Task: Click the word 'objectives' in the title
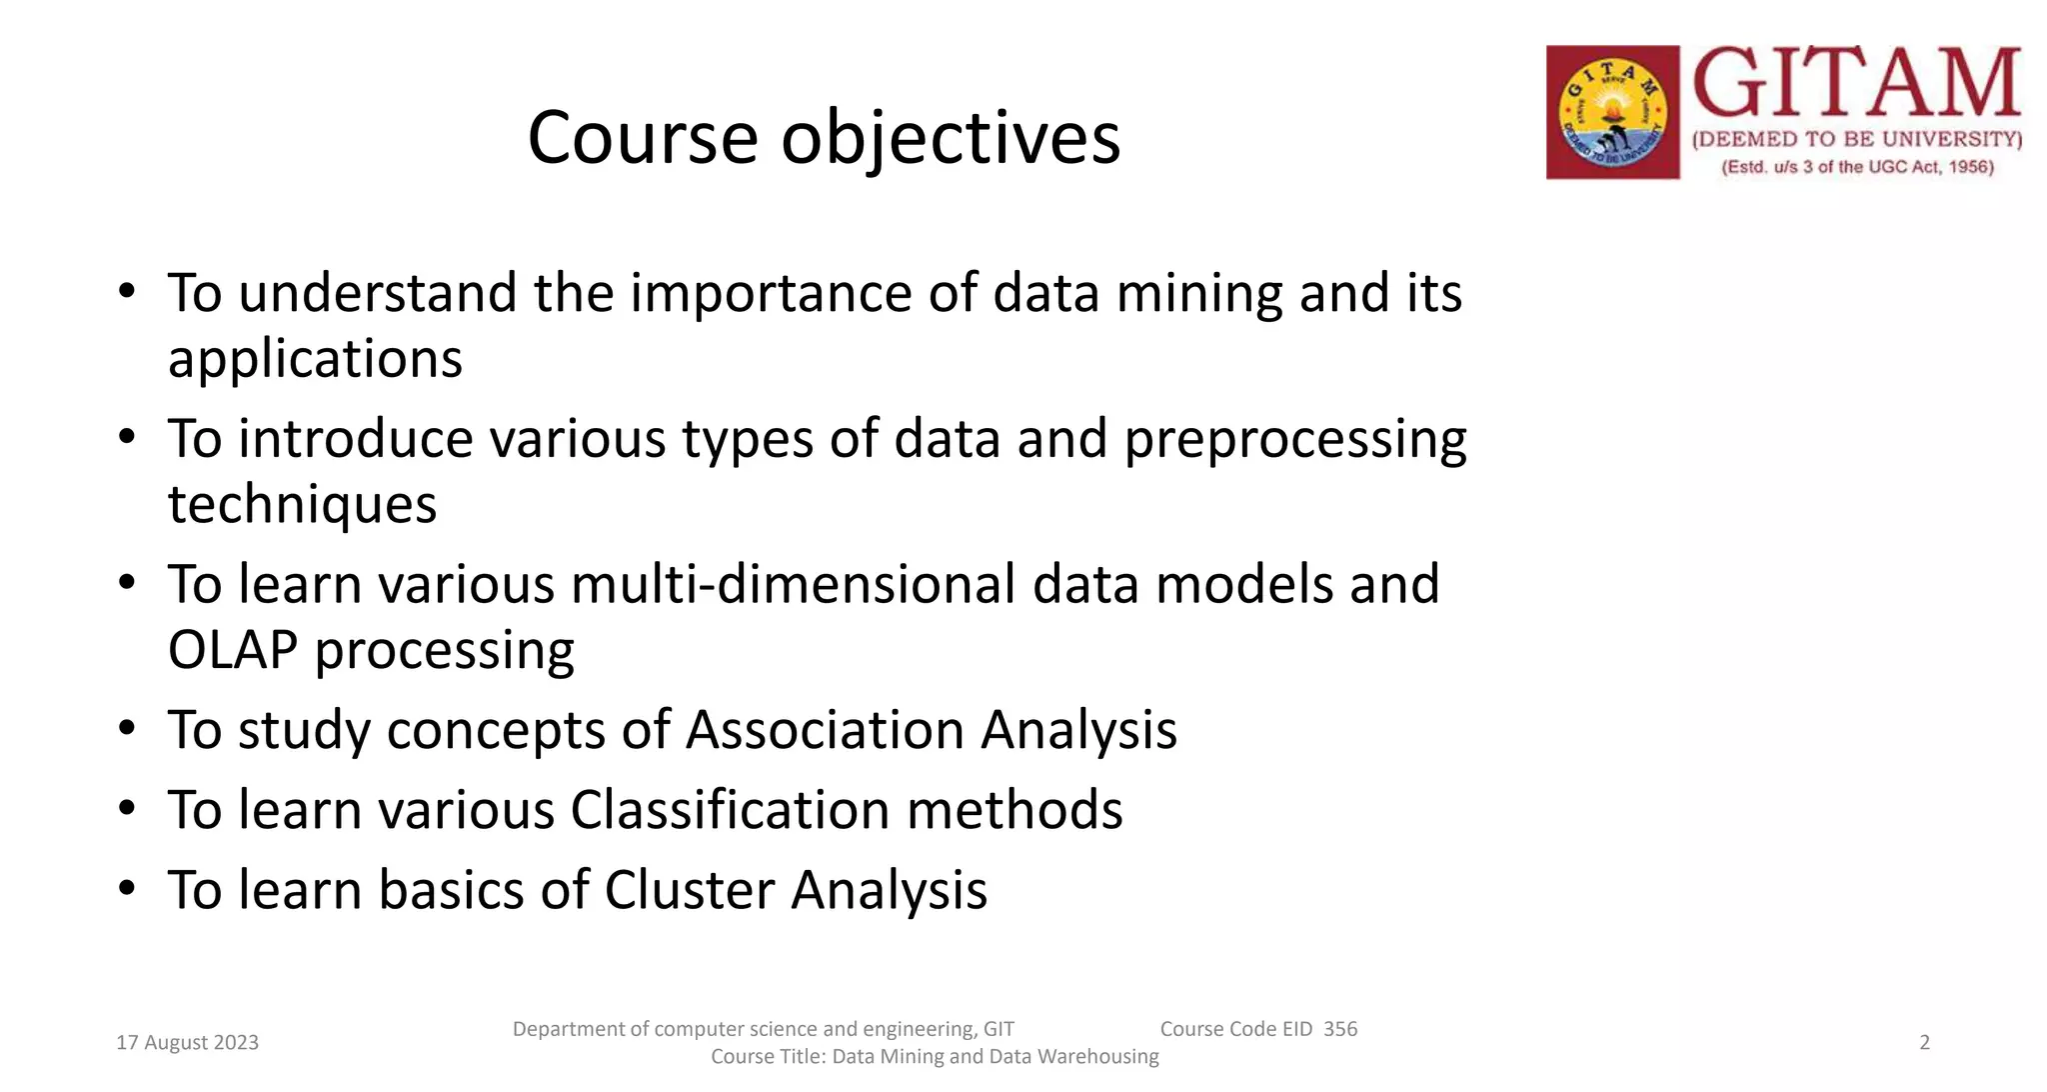pyautogui.click(x=950, y=138)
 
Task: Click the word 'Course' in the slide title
pyautogui.click(x=642, y=138)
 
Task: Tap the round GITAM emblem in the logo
pyautogui.click(x=1612, y=112)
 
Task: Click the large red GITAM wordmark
pyautogui.click(x=1857, y=84)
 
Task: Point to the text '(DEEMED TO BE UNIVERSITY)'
pyautogui.click(x=1857, y=140)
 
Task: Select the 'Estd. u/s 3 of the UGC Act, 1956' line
pyautogui.click(x=1857, y=167)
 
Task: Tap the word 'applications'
pyautogui.click(x=315, y=358)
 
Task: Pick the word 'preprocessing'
pyautogui.click(x=1295, y=440)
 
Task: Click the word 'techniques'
pyautogui.click(x=302, y=504)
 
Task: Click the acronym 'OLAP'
pyautogui.click(x=233, y=650)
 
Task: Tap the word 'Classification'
pyautogui.click(x=730, y=810)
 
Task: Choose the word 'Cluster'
pyautogui.click(x=689, y=890)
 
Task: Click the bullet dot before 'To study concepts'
pyautogui.click(x=126, y=728)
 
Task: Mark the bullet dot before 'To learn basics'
pyautogui.click(x=126, y=888)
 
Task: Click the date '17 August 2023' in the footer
pyautogui.click(x=187, y=1043)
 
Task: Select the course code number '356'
pyautogui.click(x=1340, y=1029)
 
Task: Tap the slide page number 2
pyautogui.click(x=1924, y=1043)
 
